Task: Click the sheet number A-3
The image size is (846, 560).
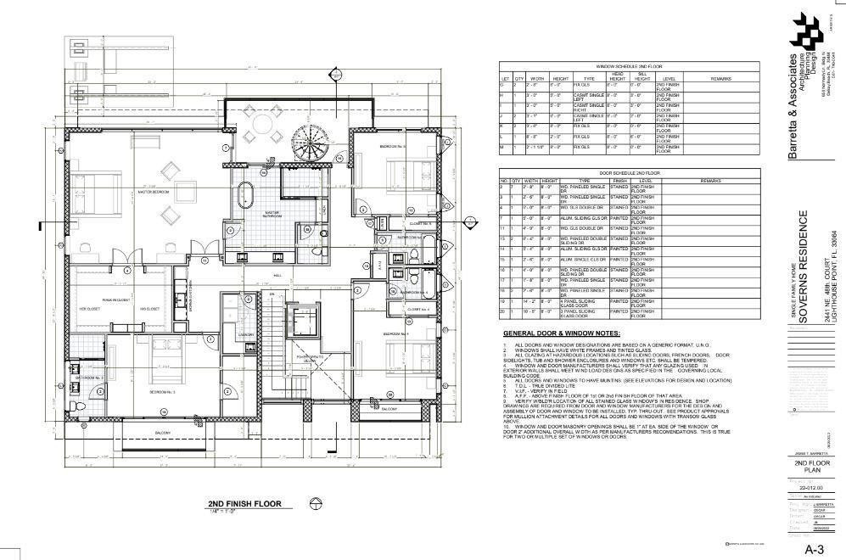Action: (x=815, y=548)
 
